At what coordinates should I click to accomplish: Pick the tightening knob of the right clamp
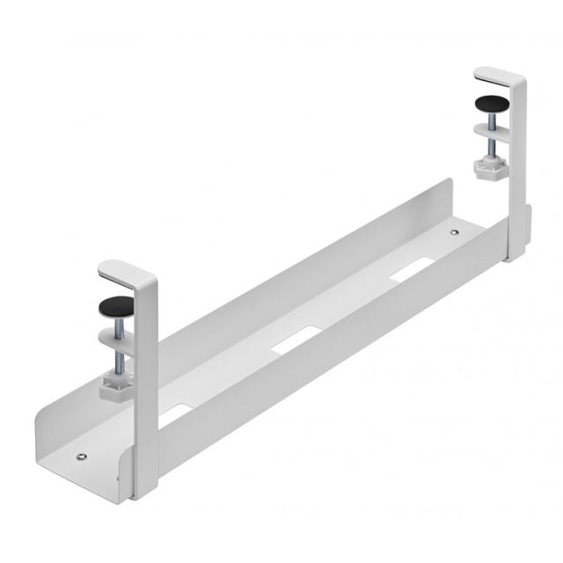point(488,165)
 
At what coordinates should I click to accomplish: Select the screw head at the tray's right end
point(454,233)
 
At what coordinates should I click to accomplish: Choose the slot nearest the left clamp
point(180,407)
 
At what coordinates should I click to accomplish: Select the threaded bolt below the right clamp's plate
point(488,148)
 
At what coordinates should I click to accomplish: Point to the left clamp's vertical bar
point(145,387)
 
